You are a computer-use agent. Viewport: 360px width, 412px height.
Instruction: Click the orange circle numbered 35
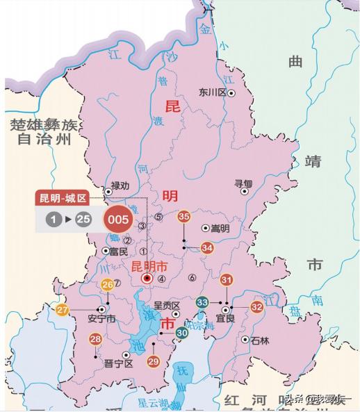[x=184, y=217]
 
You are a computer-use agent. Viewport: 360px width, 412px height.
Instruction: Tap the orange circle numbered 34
[x=207, y=247]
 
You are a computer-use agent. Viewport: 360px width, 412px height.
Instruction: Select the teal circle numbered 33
[x=202, y=302]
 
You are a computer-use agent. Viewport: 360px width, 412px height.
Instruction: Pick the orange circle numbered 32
[x=257, y=306]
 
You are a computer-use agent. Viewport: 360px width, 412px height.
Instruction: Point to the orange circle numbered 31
[x=227, y=280]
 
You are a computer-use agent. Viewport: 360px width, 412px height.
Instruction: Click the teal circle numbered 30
[x=182, y=333]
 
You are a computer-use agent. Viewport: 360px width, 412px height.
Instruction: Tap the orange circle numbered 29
[x=154, y=361]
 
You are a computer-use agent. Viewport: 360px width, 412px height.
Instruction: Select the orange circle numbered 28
[x=96, y=340]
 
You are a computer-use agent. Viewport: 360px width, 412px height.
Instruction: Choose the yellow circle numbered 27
[x=63, y=309]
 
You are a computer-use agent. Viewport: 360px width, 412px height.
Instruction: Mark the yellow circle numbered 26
[x=107, y=285]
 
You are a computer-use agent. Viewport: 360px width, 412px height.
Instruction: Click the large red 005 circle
[x=119, y=220]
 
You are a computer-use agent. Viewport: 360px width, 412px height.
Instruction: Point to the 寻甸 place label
[x=243, y=183]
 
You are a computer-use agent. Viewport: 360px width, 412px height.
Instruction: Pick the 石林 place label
[x=259, y=340]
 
